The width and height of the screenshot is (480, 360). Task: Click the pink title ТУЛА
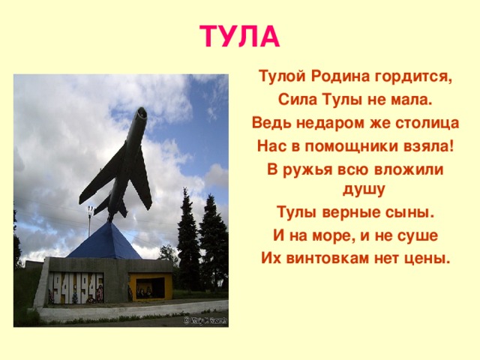pyautogui.click(x=240, y=35)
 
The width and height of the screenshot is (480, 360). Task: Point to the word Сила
pyautogui.click(x=295, y=100)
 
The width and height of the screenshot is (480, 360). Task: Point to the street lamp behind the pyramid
pyautogui.click(x=91, y=217)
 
